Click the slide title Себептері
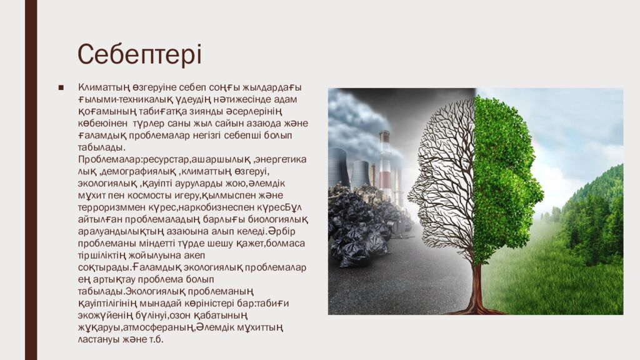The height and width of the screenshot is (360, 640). coord(139,54)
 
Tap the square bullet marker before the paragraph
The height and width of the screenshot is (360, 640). coord(61,87)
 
